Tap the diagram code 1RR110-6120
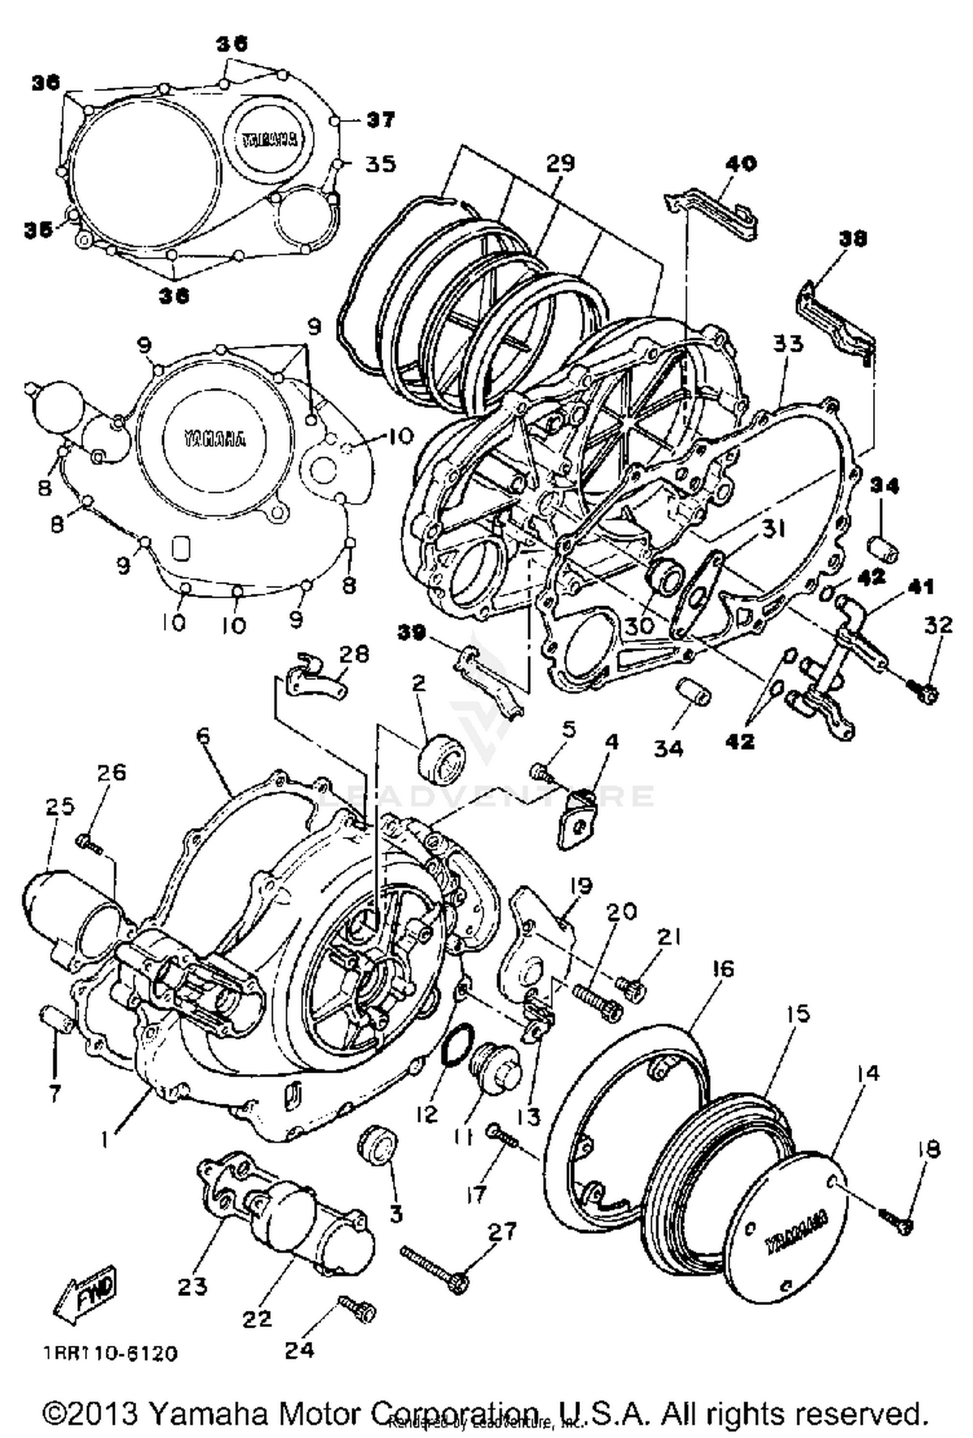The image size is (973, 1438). pos(110,1354)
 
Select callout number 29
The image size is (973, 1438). pos(560,163)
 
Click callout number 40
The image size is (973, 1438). pos(741,163)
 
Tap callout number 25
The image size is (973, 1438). pos(60,807)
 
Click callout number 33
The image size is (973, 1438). pos(787,343)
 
